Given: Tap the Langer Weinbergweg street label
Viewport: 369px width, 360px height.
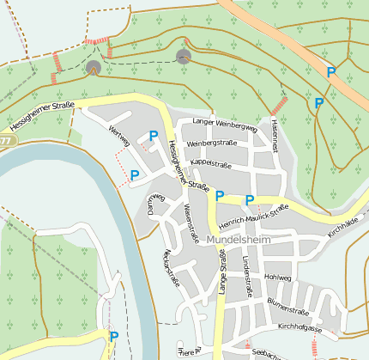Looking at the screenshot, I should [x=225, y=125].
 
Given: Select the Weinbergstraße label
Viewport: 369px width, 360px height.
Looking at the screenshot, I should [x=211, y=143].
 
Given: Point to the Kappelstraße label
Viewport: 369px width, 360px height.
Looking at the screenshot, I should [x=212, y=161].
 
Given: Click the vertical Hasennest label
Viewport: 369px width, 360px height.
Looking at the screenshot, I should [x=274, y=136].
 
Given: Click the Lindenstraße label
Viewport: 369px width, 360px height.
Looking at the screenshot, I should [x=246, y=270].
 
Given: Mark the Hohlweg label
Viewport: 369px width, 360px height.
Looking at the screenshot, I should [x=278, y=278].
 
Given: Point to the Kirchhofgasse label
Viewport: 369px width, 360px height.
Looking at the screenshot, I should [x=299, y=327].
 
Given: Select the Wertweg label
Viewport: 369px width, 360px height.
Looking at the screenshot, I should [x=119, y=136].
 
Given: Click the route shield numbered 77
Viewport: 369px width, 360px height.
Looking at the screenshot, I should [x=6, y=139].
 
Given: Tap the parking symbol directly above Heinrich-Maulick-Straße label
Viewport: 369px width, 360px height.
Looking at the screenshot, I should [x=250, y=200].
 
